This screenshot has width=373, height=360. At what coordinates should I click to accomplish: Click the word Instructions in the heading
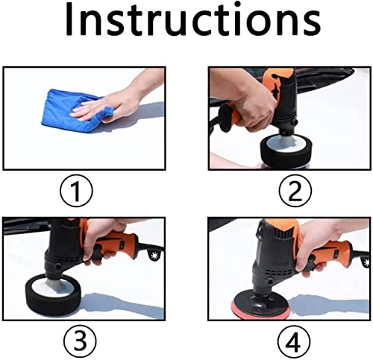click(186, 22)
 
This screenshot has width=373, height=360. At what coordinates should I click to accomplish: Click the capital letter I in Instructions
click(71, 22)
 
